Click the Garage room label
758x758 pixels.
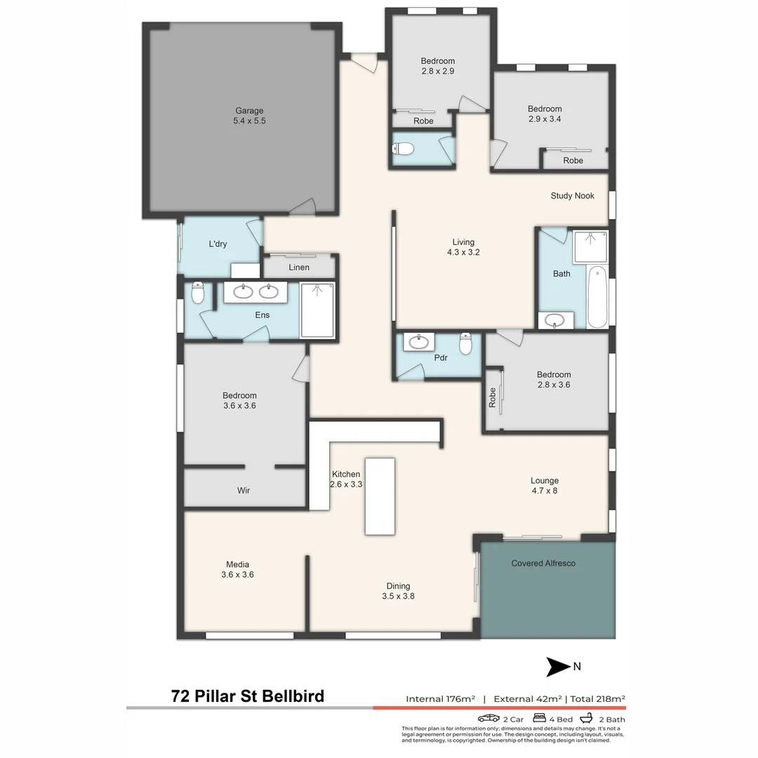click(249, 110)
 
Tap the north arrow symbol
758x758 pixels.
click(559, 667)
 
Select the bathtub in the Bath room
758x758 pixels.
click(597, 297)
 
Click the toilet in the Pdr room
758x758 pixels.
click(465, 344)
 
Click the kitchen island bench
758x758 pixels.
click(380, 496)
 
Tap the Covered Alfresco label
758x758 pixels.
click(543, 563)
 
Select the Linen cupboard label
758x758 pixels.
click(299, 267)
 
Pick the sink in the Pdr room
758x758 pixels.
click(419, 342)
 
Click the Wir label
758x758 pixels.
click(244, 491)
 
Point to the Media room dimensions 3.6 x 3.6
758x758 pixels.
click(237, 575)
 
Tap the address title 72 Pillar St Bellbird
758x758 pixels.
click(248, 696)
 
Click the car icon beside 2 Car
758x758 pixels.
click(488, 719)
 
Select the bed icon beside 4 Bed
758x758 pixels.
click(540, 719)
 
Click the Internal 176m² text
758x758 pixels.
click(440, 698)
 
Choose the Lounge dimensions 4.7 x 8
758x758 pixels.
click(545, 491)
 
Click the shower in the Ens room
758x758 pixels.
click(317, 310)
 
